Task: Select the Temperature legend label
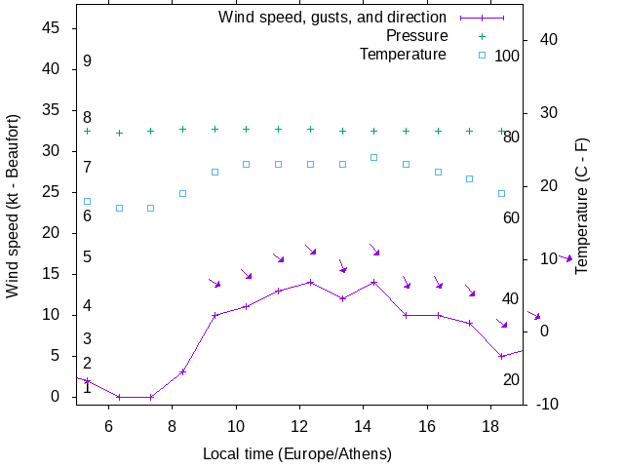coord(403,54)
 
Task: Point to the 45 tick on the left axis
coord(54,28)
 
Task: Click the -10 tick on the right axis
coord(546,404)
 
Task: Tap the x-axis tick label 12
coord(299,426)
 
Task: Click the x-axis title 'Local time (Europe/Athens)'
coord(296,454)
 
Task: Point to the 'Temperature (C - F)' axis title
coord(582,205)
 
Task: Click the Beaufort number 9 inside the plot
coord(87,61)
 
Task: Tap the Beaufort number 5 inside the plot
coord(87,257)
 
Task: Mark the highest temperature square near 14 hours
coord(373,157)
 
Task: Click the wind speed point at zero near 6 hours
coord(119,397)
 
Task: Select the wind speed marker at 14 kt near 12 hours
coord(310,282)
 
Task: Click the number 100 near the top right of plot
coord(507,56)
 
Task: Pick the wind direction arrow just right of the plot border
coord(565,258)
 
